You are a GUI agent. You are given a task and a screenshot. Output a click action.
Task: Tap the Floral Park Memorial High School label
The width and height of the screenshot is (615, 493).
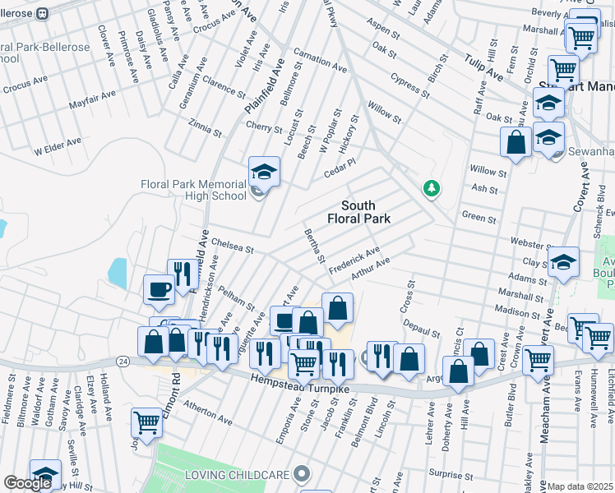point(193,190)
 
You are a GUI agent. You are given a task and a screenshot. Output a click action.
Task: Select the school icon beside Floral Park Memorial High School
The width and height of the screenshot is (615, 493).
point(265,171)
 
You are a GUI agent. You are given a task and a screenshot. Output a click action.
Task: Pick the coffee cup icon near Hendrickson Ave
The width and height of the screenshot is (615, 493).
point(159,289)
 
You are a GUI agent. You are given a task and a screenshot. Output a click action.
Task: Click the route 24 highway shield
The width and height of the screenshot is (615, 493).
point(123,361)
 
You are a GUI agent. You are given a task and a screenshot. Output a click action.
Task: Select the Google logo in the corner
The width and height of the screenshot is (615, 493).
point(27,483)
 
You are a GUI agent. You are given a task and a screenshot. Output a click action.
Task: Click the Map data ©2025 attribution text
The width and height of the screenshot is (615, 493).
point(580,486)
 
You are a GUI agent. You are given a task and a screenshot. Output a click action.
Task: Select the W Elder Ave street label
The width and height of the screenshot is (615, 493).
point(58,146)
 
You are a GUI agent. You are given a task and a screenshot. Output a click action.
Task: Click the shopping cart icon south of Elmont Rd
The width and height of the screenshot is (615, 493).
point(146,423)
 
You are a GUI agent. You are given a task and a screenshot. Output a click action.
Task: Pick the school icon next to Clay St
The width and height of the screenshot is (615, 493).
point(564,262)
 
